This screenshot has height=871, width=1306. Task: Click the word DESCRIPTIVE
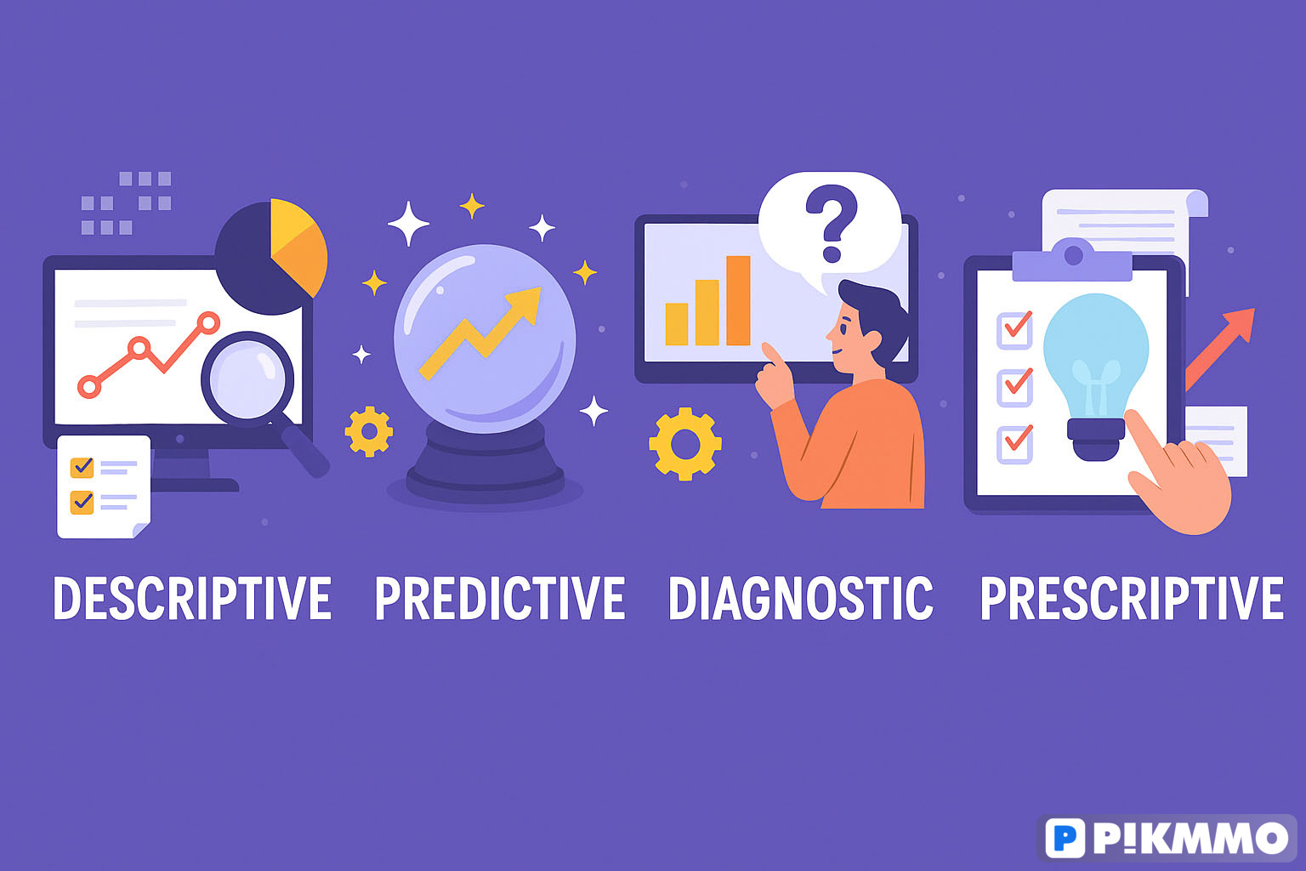pyautogui.click(x=192, y=598)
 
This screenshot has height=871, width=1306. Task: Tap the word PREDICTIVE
pyautogui.click(x=500, y=598)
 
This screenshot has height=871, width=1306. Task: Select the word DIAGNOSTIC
pyautogui.click(x=800, y=598)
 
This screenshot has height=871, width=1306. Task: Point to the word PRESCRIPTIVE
pyautogui.click(x=1133, y=598)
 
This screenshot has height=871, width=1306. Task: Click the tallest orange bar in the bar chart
pyautogui.click(x=738, y=300)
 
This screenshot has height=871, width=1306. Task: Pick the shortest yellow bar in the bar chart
pyautogui.click(x=676, y=324)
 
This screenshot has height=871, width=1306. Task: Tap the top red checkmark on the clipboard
pyautogui.click(x=1018, y=324)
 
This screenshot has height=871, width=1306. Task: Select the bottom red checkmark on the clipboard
pyautogui.click(x=1018, y=438)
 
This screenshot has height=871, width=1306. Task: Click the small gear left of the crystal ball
pyautogui.click(x=369, y=432)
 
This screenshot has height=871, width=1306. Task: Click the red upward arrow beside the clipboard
pyautogui.click(x=1218, y=350)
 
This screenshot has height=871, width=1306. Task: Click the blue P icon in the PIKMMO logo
pyautogui.click(x=1065, y=839)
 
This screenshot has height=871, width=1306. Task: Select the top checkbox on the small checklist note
pyautogui.click(x=82, y=467)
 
